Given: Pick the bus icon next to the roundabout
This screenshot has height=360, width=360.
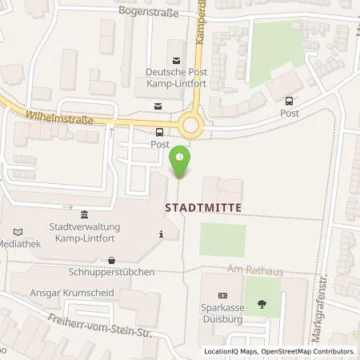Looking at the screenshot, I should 160,133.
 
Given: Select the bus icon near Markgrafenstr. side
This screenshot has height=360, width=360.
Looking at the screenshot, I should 289,101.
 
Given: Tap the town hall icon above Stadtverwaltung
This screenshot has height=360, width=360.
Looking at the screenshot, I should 85,213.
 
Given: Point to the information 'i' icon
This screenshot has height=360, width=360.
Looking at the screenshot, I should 162,234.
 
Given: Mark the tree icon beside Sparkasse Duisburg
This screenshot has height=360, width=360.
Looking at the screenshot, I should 262,304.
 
